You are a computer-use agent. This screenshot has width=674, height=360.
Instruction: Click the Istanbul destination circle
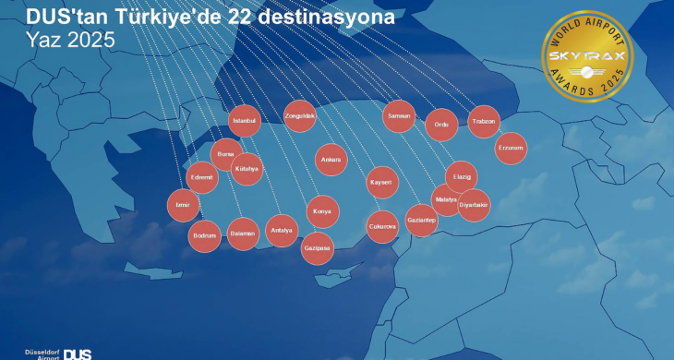click(x=245, y=121)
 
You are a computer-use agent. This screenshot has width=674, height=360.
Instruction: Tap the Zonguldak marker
click(x=301, y=116)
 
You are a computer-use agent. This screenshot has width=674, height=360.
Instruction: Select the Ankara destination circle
click(x=331, y=160)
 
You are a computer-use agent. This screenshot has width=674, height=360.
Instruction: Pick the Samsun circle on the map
click(x=399, y=116)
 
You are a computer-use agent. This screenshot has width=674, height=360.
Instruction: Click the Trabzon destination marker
click(x=484, y=122)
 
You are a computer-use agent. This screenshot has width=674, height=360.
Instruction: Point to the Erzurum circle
click(x=511, y=148)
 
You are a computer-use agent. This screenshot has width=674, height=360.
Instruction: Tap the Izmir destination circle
click(x=182, y=205)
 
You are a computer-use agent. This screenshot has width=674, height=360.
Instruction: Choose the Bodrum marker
click(x=204, y=235)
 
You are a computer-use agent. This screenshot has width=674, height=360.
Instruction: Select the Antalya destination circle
click(x=281, y=230)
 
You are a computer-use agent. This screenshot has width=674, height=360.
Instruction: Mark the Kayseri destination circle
click(x=381, y=183)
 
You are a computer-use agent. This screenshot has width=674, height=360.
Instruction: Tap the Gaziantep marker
click(x=421, y=221)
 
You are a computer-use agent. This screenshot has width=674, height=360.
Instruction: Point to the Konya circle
click(x=322, y=211)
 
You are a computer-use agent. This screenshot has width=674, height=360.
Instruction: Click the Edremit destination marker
click(x=202, y=177)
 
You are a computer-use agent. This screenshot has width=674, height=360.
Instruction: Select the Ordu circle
click(x=441, y=125)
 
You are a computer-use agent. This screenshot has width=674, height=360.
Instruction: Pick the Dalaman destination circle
click(x=242, y=234)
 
